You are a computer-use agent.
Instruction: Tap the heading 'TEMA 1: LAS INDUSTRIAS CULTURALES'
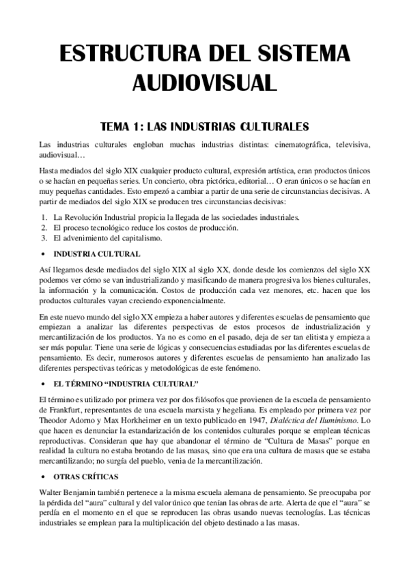(204, 126)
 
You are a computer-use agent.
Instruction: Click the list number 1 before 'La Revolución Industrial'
(44, 217)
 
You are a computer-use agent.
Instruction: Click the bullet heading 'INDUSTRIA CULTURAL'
(97, 254)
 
